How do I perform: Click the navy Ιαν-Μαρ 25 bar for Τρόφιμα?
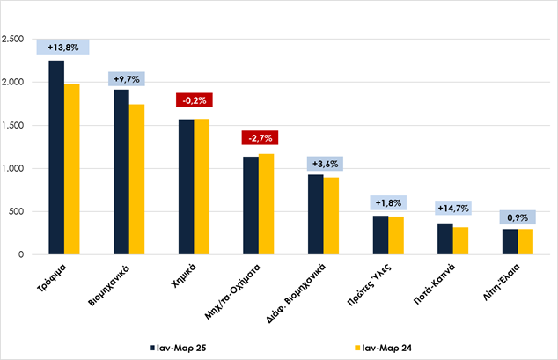(56, 158)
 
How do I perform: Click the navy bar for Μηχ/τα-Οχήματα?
(251, 206)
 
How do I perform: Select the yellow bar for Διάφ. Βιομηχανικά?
(331, 216)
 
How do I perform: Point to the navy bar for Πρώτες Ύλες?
(380, 235)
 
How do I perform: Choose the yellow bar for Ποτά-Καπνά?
(460, 241)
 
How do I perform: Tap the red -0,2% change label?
(195, 100)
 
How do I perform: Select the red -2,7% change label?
(260, 138)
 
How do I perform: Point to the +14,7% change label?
(454, 209)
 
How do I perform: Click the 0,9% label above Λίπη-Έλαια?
(519, 217)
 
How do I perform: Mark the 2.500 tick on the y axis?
(14, 40)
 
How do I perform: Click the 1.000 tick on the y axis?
(14, 168)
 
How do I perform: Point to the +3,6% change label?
(324, 163)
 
